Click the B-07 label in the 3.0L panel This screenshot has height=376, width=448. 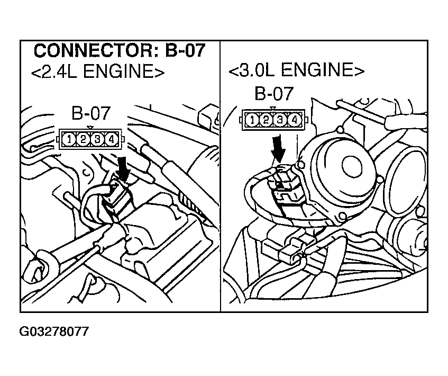point(273,94)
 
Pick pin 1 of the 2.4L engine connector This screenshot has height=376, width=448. point(70,139)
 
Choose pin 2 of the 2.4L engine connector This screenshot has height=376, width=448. point(84,139)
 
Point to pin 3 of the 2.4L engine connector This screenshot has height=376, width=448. point(97,139)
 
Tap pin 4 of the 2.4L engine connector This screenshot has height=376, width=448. point(111,139)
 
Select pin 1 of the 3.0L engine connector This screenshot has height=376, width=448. point(253,121)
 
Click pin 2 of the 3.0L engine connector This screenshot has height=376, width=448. point(267,121)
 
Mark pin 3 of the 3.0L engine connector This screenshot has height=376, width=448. point(280,121)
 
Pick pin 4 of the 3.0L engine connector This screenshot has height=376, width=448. point(294,121)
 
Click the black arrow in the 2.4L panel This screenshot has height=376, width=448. point(122,168)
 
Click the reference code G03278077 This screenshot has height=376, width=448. point(54,332)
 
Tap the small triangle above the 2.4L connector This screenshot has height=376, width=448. point(90,127)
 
